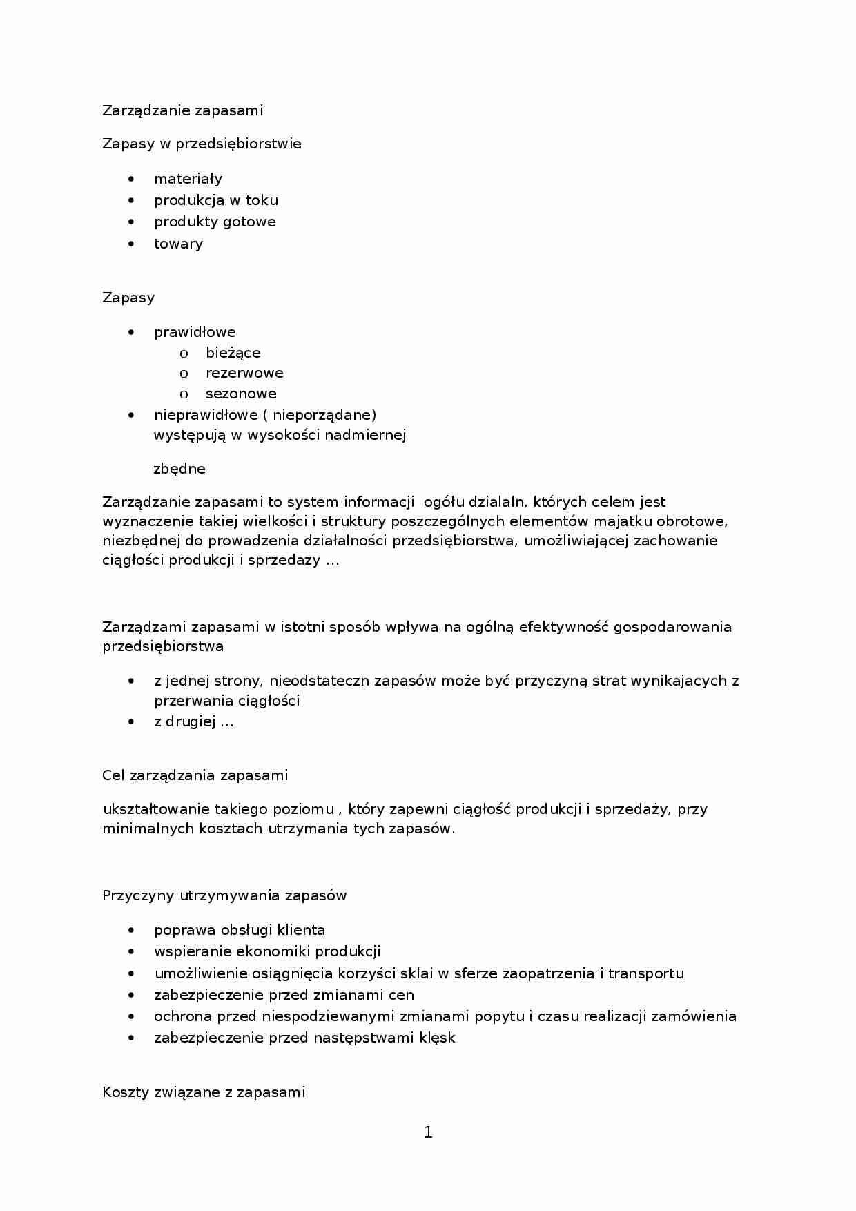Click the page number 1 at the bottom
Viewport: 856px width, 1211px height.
(428, 1132)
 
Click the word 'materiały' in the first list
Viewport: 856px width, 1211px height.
(188, 179)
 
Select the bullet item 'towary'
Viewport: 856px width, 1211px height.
(178, 244)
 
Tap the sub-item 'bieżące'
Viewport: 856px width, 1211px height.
(233, 353)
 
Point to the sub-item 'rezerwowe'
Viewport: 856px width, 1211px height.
(244, 373)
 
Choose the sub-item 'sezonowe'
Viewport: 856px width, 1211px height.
(241, 394)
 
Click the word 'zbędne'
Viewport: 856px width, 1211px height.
(179, 469)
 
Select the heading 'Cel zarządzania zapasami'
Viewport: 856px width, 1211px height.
(195, 775)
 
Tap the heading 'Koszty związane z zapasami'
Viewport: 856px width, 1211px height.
(204, 1092)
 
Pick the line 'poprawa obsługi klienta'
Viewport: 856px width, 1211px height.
(240, 930)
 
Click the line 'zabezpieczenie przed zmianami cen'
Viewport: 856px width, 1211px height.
(284, 995)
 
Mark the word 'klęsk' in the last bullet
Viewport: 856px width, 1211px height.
(438, 1038)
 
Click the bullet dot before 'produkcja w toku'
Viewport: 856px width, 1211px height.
(132, 201)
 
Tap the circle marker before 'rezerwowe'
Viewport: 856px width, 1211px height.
(184, 374)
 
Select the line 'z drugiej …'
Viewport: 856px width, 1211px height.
(194, 722)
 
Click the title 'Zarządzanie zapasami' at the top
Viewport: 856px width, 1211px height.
(183, 110)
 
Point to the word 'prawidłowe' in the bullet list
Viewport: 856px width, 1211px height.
(195, 332)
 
